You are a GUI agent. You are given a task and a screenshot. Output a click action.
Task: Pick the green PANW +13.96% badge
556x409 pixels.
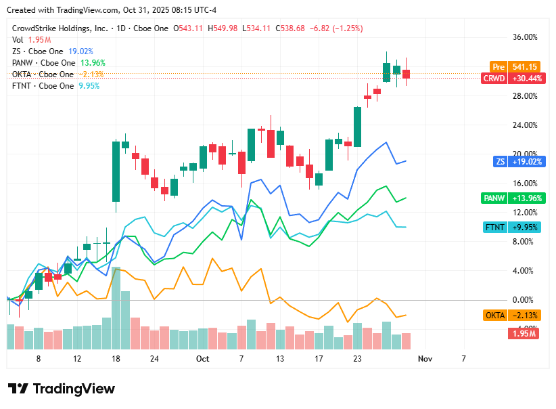(511, 198)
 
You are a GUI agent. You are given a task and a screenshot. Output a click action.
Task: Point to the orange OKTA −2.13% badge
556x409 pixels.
(512, 316)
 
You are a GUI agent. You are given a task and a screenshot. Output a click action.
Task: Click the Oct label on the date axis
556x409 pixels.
(203, 358)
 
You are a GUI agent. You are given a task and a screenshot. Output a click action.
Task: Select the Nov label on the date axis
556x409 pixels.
(424, 358)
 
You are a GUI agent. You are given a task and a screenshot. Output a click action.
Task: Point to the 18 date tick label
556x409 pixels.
(116, 358)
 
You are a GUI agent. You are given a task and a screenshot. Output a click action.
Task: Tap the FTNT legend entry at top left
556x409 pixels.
(43, 86)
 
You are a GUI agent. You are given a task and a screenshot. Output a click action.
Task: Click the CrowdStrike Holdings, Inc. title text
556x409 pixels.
(60, 28)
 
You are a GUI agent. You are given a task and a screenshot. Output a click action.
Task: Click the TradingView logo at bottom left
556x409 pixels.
(62, 389)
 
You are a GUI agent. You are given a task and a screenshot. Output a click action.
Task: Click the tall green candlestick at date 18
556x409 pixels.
(116, 171)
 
